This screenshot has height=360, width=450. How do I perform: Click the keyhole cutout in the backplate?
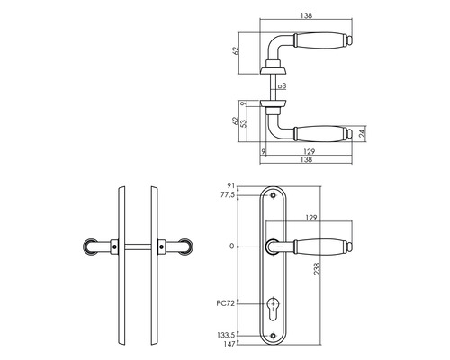[x=274, y=315]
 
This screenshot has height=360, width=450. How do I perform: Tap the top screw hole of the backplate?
[x=274, y=195]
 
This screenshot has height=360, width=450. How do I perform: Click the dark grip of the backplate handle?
[x=320, y=244]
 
